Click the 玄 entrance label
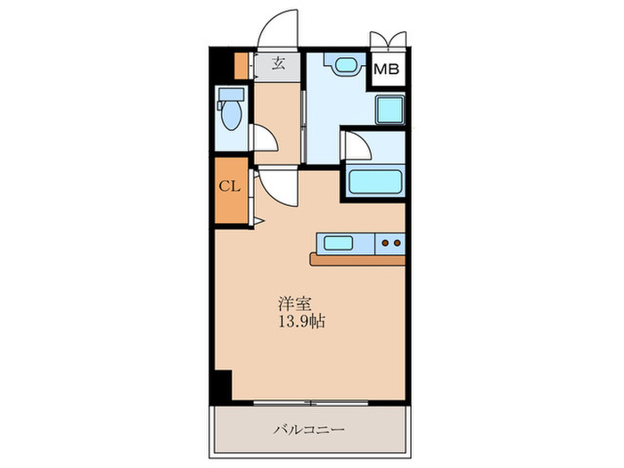coord(277,64)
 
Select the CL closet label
coord(229,186)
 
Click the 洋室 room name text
coord(292,303)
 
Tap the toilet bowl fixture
coord(231,111)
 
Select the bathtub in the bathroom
coord(374,181)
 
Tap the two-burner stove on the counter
coord(390,242)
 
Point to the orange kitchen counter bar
coord(357,259)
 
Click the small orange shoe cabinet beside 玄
coord(241,65)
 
